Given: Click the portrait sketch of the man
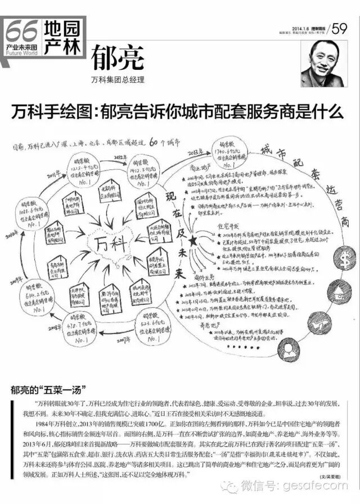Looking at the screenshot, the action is pos(326,66).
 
